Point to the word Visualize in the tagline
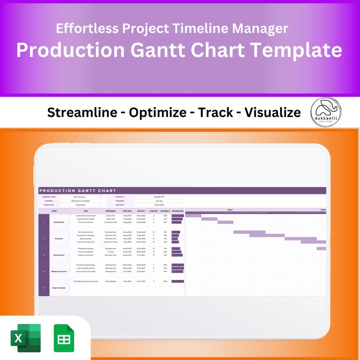[272, 112]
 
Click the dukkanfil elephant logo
[326, 112]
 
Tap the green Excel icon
[25, 338]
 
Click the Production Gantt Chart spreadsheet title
[78, 191]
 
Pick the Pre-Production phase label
[59, 222]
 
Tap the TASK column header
[86, 211]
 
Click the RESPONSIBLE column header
[111, 211]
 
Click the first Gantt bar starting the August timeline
[193, 215]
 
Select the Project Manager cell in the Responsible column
[111, 281]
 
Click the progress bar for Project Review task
[178, 281]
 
